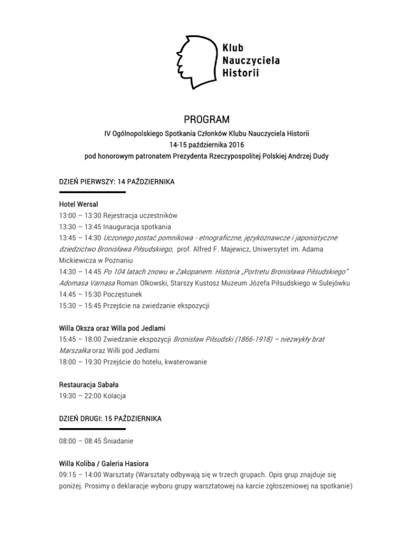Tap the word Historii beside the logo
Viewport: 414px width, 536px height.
coord(240,72)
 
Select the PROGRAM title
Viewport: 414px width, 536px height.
coord(206,118)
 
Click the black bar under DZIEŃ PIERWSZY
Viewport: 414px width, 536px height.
coord(92,192)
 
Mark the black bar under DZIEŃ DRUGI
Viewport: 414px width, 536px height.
coord(92,429)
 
